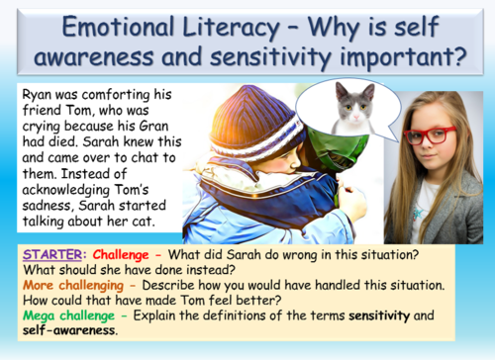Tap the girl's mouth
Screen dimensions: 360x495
point(434,165)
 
